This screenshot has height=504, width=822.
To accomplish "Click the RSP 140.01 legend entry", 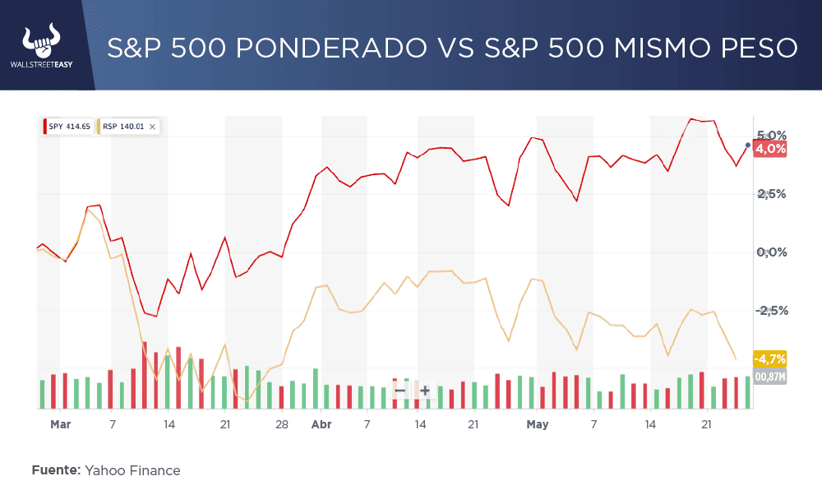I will (122, 127).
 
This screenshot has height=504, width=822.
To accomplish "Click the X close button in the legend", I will (152, 127).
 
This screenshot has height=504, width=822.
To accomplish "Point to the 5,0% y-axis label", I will (771, 135).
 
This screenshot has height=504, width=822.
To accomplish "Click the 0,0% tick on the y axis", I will (771, 252).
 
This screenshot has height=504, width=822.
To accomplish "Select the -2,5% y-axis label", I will (771, 311).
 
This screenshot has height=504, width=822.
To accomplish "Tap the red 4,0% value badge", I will (770, 149).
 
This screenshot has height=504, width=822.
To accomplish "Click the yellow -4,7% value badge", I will (770, 358).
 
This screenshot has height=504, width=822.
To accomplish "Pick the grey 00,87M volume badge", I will (770, 377).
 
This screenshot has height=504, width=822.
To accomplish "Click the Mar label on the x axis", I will (60, 425).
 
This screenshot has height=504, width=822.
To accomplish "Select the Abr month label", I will (321, 425).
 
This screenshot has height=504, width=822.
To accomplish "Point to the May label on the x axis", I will (537, 425).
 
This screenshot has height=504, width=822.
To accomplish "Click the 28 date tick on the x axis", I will (282, 425).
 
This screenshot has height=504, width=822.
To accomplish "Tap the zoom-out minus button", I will (400, 391).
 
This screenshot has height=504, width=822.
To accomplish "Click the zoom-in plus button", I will (425, 391).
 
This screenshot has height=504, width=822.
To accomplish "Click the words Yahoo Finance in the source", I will (132, 470).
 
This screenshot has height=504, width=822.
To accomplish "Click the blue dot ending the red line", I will (748, 145).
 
